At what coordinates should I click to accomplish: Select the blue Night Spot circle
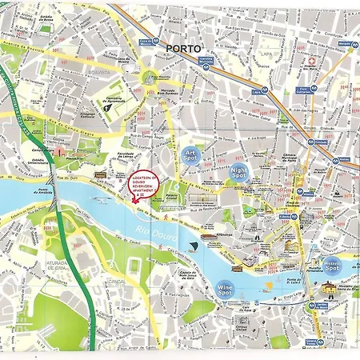click(x=239, y=173)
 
